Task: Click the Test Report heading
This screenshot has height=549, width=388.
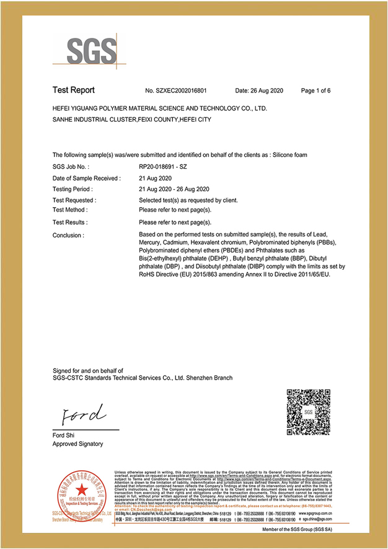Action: coord(74,91)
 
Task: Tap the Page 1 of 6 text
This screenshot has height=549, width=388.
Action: coord(315,91)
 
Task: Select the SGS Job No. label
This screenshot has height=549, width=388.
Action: coord(71,167)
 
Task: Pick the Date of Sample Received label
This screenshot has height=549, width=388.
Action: coord(86,178)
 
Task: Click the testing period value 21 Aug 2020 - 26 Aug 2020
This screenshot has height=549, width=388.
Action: coord(174,189)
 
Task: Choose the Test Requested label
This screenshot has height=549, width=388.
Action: coord(74,200)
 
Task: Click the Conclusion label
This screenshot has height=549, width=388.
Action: coord(68,235)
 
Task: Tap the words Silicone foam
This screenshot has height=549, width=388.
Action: coord(289,154)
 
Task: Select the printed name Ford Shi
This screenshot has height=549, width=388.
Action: coord(64,435)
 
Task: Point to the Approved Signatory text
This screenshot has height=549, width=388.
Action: coord(78,444)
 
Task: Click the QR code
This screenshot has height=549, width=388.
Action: coord(308,413)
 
